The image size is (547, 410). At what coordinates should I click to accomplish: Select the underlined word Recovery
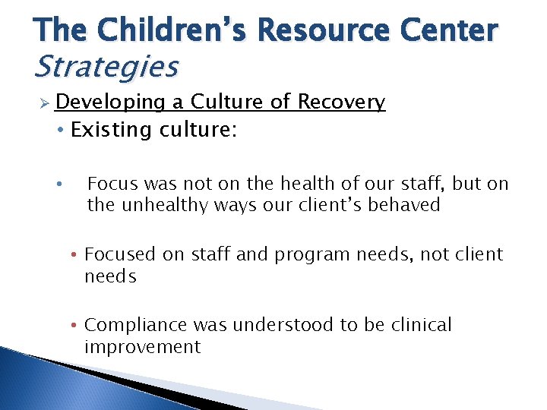341,102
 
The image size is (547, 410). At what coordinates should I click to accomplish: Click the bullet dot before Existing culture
60,130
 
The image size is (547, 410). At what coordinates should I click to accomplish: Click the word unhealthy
158,205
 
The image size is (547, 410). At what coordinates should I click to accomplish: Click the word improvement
142,348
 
